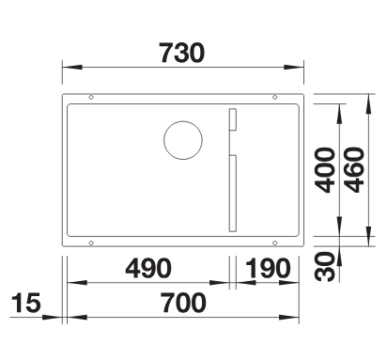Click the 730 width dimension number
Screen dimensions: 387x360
182,53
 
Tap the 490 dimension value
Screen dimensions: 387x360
148,269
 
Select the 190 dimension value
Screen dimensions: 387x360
268,269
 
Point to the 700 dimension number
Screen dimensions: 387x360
184,303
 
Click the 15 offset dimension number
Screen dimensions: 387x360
26,303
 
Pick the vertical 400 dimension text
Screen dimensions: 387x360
325,169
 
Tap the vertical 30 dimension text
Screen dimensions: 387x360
325,266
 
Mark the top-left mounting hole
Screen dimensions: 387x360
91,98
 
